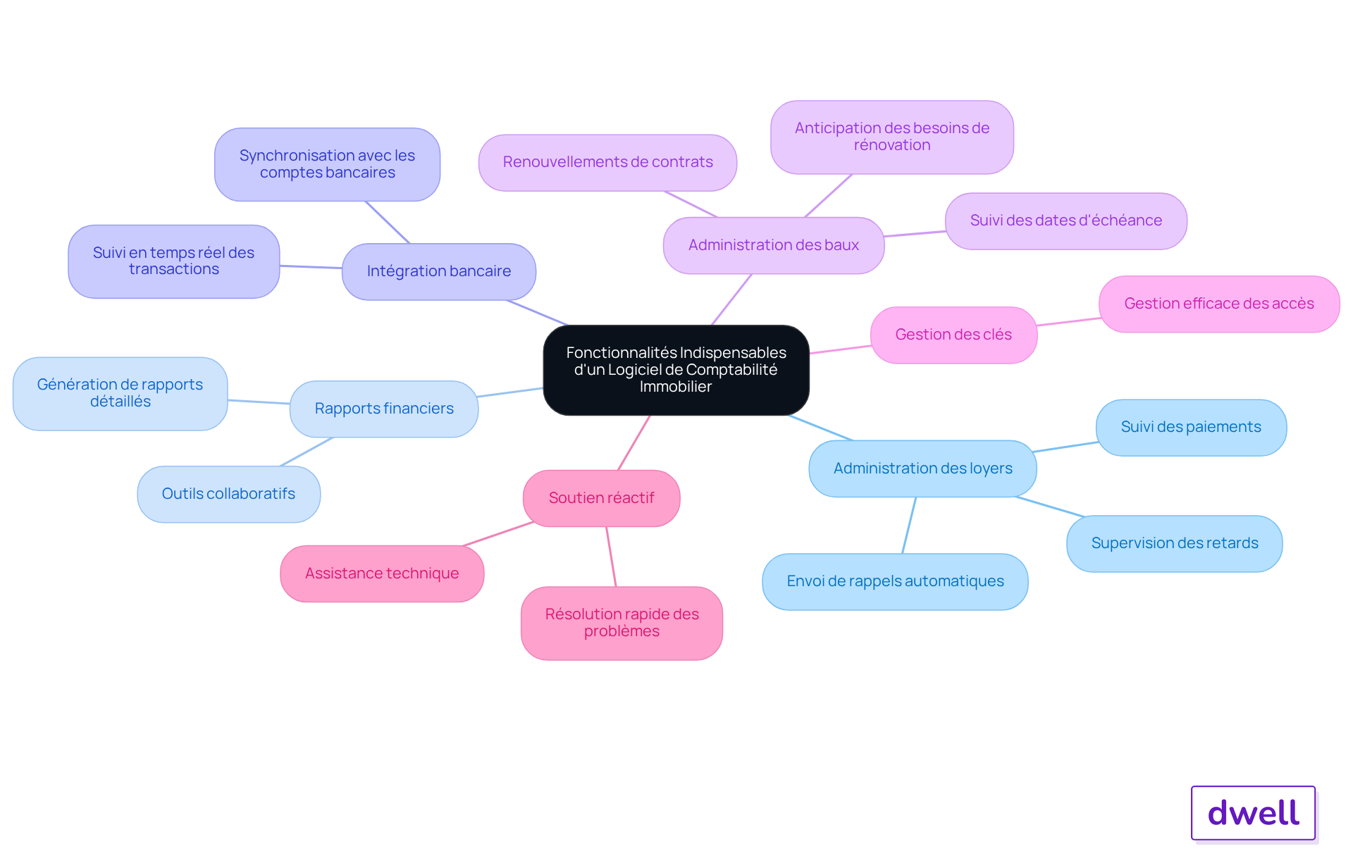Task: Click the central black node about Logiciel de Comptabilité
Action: [676, 370]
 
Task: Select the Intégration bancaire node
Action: [439, 271]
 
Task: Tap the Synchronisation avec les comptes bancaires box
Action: [328, 164]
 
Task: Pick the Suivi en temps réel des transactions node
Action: [174, 261]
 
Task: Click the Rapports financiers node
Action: [384, 409]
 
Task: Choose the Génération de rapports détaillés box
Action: [121, 393]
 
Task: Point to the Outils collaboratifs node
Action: [229, 494]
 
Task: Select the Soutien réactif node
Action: [602, 498]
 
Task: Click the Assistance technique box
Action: [382, 573]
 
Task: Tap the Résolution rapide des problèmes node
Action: [622, 623]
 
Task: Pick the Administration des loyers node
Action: [923, 469]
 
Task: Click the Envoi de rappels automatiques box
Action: [895, 581]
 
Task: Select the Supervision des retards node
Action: [1175, 543]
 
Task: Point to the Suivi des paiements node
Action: [1192, 428]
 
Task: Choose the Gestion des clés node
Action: [954, 335]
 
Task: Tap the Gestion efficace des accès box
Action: [1219, 304]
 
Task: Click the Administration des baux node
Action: [774, 245]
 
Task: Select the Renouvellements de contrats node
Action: [608, 163]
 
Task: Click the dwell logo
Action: [1254, 813]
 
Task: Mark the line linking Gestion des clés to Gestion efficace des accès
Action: [1068, 321]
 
